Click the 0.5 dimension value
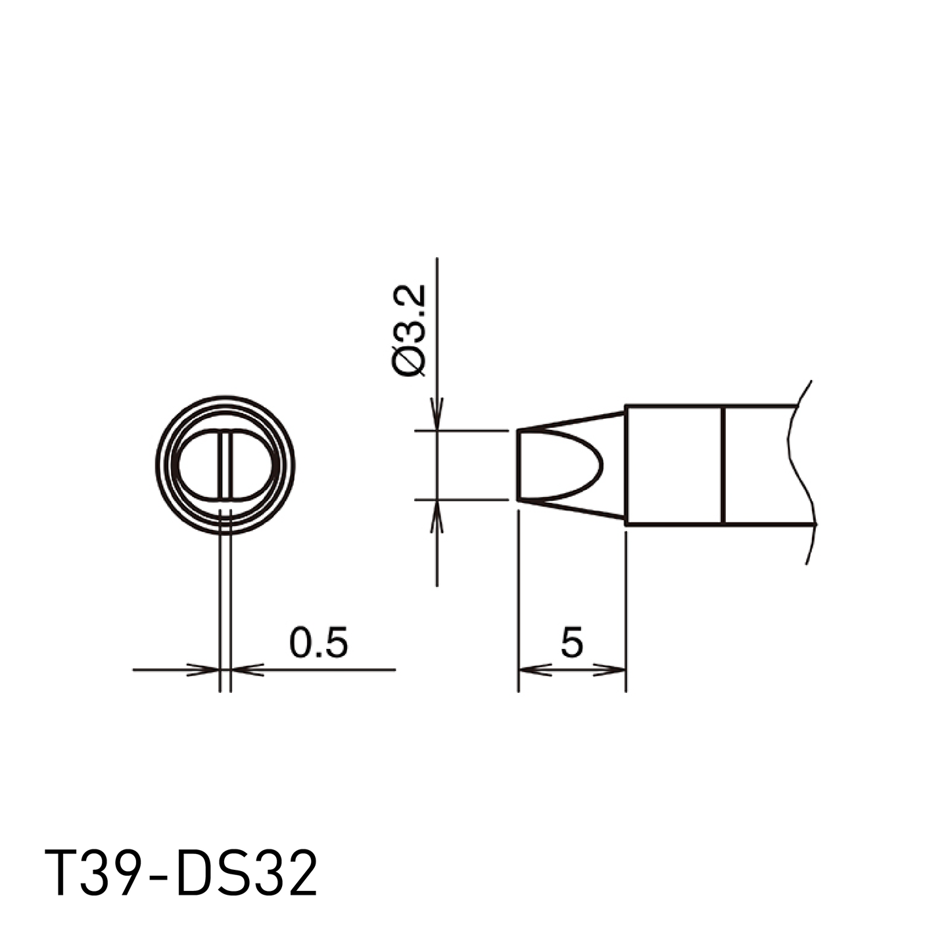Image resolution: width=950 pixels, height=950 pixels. pos(319,642)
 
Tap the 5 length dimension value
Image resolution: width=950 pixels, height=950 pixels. pos(572,642)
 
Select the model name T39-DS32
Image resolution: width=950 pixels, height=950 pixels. pos(180,873)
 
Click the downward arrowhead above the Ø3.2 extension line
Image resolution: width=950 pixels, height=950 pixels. pos(437,414)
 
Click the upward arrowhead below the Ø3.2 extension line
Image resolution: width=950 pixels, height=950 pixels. pos(437,516)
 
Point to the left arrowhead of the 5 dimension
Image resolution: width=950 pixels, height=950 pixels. pos(535,670)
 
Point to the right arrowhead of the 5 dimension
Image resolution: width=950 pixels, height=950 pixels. pos(609,670)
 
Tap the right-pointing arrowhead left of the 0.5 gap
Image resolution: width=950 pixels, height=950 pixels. pos(202,670)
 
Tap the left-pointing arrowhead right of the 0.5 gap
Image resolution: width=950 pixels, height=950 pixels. pos(247,670)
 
